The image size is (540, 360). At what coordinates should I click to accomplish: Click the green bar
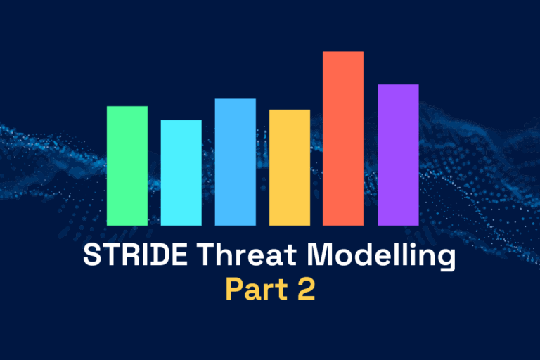pos(127,166)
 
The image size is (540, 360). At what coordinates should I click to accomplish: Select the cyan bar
pos(181,173)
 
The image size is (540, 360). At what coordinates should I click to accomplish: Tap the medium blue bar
pos(236,162)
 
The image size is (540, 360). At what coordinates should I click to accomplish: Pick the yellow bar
pos(290,167)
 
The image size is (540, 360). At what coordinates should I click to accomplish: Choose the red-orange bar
pos(343,139)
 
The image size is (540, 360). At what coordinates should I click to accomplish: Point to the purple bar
pos(398,155)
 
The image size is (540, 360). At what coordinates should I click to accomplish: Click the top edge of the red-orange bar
pos(343,53)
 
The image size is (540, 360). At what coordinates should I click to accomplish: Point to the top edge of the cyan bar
pos(181,122)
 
